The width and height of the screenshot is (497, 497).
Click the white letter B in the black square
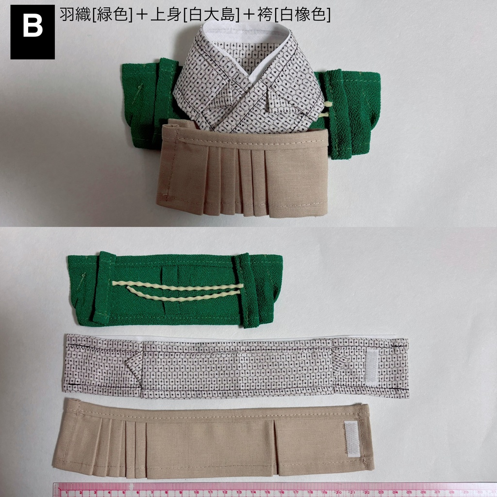tap(33, 28)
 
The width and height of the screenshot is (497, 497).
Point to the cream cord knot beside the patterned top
tap(329, 109)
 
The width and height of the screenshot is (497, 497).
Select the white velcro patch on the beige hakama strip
tap(352, 439)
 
